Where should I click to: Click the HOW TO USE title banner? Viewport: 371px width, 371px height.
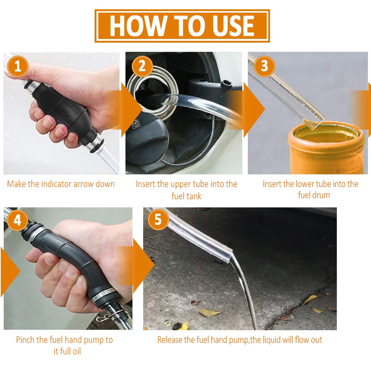(x=182, y=26)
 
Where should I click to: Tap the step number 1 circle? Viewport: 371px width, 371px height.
(x=18, y=66)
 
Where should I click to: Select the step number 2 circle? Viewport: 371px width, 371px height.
(x=142, y=66)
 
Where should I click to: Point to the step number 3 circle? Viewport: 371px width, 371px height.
(x=264, y=66)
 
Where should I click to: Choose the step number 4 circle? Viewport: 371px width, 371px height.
(x=17, y=220)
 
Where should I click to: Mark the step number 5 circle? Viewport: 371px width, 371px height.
(x=158, y=219)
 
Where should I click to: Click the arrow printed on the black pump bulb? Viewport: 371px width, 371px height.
(x=66, y=112)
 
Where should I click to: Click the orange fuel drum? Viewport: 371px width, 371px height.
(x=326, y=148)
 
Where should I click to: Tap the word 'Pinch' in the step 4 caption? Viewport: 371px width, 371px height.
(x=25, y=340)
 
